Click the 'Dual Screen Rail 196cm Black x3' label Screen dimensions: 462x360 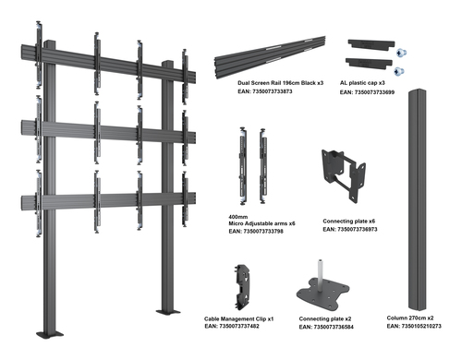[x=280, y=83]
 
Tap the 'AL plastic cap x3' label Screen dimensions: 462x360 [x=362, y=83]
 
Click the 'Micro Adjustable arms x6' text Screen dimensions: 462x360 [x=261, y=223]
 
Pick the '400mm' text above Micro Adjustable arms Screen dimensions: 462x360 [x=237, y=217]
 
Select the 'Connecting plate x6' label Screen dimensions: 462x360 [x=348, y=221]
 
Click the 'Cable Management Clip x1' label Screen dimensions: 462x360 [x=238, y=319]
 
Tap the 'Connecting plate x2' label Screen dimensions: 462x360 [x=325, y=318]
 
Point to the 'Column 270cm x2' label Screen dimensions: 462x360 [x=410, y=318]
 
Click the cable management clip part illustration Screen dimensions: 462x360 [x=242, y=287]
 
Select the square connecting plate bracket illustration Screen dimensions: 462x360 [x=344, y=174]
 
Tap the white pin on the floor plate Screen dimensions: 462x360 [x=321, y=274]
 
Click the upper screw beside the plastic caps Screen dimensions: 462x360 [x=401, y=53]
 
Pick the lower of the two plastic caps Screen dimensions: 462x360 [x=369, y=62]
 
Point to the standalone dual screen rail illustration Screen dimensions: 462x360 [x=270, y=57]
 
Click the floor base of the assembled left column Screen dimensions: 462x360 [x=50, y=334]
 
